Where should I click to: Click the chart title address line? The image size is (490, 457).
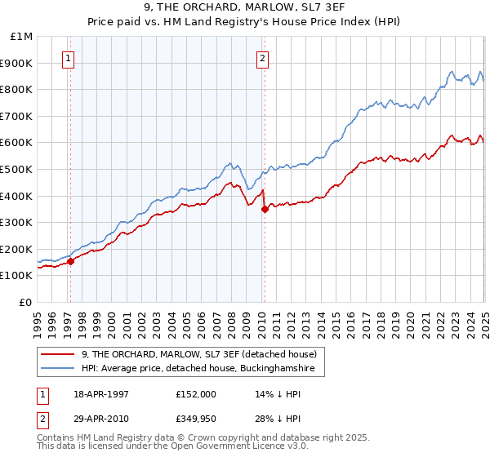(245, 7)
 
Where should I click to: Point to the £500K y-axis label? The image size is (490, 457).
(17, 169)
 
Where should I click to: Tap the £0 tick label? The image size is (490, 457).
(25, 302)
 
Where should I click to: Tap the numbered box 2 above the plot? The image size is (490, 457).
(262, 58)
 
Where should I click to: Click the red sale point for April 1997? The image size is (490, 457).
(70, 261)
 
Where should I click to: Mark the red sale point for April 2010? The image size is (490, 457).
(265, 209)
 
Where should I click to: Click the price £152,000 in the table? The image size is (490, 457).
(195, 393)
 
